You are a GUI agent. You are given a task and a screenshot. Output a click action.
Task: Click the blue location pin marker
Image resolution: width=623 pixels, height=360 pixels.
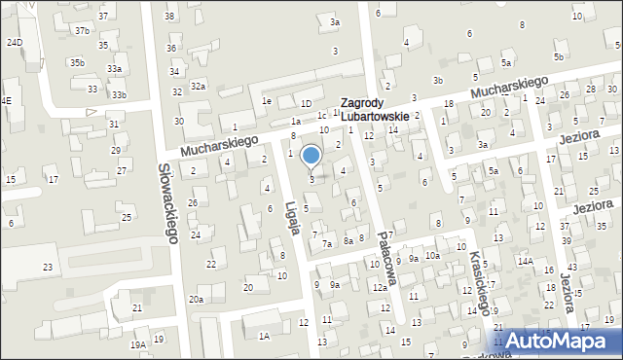tap(311, 156)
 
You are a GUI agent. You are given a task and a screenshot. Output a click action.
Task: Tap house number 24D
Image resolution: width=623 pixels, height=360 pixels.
tap(15, 42)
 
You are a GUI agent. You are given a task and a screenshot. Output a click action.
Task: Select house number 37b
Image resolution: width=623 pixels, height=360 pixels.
tap(82, 31)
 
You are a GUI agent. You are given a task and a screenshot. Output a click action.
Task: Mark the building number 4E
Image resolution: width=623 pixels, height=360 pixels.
tap(6, 100)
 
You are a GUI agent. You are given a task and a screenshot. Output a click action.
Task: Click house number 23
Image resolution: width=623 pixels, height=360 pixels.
tap(47, 267)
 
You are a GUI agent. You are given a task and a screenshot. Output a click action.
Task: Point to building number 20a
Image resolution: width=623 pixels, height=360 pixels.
tap(196, 299)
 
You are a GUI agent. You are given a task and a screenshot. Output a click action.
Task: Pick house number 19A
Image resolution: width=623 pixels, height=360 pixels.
tap(138, 344)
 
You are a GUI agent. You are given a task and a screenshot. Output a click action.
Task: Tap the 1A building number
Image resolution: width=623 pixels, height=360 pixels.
tap(264, 336)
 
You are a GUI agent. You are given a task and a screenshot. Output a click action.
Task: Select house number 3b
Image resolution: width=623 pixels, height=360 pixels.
tap(438, 80)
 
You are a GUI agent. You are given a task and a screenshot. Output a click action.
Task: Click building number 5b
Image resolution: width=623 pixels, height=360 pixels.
tap(559, 57)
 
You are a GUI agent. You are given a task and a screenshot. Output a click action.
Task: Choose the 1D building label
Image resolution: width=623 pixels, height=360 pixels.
tap(306, 103)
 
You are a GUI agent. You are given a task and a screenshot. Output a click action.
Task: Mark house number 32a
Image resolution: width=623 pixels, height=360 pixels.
tap(198, 86)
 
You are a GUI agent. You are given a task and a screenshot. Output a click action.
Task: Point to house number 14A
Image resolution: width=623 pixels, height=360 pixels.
tap(526, 261)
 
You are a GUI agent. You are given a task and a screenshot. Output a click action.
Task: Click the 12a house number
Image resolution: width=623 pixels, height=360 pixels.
tap(379, 287)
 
